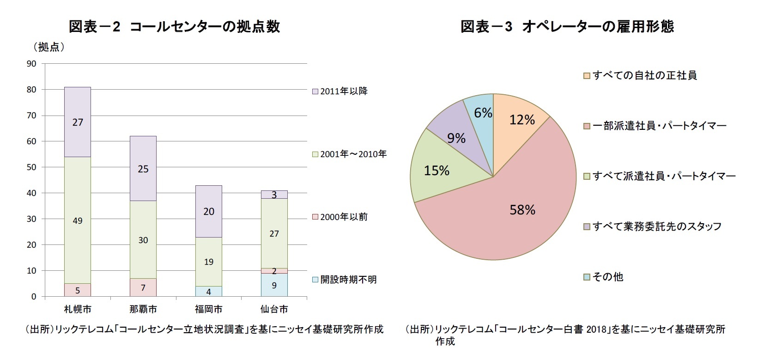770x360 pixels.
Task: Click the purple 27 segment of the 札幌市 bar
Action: [x=78, y=122]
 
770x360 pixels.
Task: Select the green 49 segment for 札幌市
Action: [x=78, y=220]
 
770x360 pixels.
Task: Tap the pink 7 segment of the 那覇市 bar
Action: [x=143, y=287]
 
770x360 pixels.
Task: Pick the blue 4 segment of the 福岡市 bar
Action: [x=208, y=292]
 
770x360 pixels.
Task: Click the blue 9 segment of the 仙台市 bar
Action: [x=274, y=285]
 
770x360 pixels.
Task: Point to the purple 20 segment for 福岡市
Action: [x=208, y=211]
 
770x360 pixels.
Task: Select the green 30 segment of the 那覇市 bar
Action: [x=143, y=239]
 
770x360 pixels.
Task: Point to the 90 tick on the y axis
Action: [x=31, y=64]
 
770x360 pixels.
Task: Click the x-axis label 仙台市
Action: [x=274, y=309]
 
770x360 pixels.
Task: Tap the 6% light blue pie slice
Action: [x=481, y=111]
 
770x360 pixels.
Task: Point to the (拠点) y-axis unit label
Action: [x=49, y=47]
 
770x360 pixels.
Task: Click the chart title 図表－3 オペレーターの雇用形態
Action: [x=567, y=26]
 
